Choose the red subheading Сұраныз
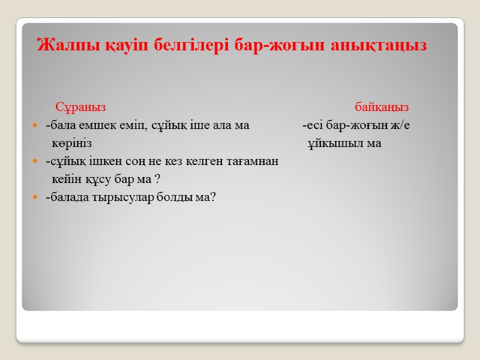coord(80,107)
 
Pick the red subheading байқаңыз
coord(382,107)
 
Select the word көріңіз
coord(71,144)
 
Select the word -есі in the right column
coord(313,126)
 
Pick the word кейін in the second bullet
coord(64,179)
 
